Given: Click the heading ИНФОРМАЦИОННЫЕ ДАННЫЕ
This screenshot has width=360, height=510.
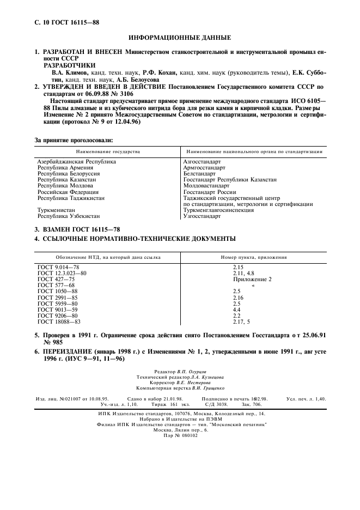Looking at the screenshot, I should point(179,38).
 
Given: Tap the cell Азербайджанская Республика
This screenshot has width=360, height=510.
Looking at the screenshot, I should point(76,162).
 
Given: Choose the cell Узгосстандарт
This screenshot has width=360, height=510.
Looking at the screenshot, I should point(202,216).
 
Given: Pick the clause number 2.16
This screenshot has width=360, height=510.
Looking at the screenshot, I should point(239,297).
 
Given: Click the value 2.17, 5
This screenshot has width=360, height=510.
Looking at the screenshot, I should point(241,321).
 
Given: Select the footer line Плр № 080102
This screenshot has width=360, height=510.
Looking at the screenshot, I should point(180,435).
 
